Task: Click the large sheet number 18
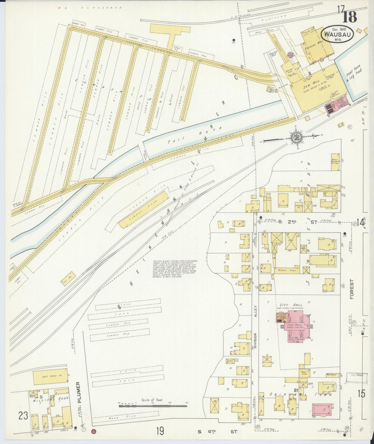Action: coord(350,17)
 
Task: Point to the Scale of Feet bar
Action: coord(153,406)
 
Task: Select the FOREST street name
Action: coord(352,289)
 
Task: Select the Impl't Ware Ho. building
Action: coord(50,377)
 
